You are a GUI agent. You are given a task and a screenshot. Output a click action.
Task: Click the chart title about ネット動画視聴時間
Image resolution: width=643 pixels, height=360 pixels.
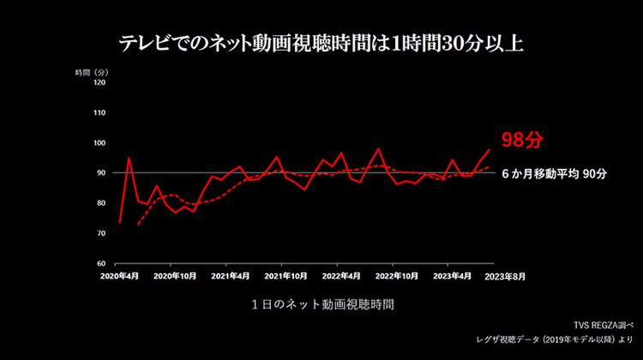tap(321, 41)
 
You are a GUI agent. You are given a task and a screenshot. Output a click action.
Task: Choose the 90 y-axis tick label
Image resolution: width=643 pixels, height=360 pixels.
tap(101, 173)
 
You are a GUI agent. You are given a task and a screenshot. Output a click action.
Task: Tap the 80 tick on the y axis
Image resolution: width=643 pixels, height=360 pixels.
tap(101, 203)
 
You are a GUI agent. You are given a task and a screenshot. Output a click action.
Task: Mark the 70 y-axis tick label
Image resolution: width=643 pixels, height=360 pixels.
tap(101, 233)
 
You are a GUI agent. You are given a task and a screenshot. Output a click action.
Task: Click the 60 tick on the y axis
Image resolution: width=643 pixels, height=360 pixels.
tap(101, 263)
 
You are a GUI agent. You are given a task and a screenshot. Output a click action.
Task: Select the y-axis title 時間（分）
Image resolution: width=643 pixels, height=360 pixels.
tap(90, 72)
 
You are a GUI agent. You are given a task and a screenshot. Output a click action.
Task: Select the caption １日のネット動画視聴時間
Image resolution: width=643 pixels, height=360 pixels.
tap(322, 303)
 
